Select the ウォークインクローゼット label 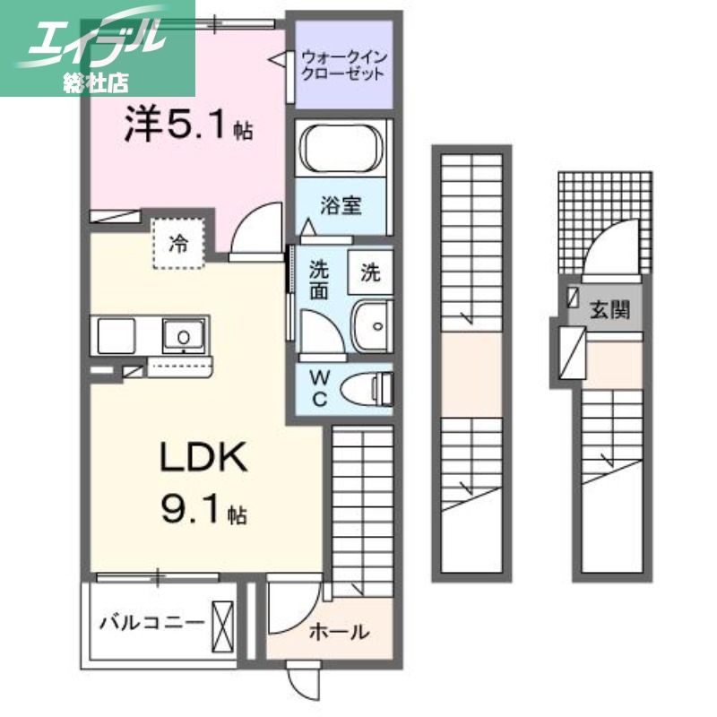(x=344, y=64)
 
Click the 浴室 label (x=341, y=205)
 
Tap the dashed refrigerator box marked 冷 (x=180, y=242)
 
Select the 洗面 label (x=319, y=279)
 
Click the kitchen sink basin (x=184, y=336)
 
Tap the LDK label (x=203, y=459)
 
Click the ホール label (x=339, y=632)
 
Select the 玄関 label (x=609, y=310)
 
